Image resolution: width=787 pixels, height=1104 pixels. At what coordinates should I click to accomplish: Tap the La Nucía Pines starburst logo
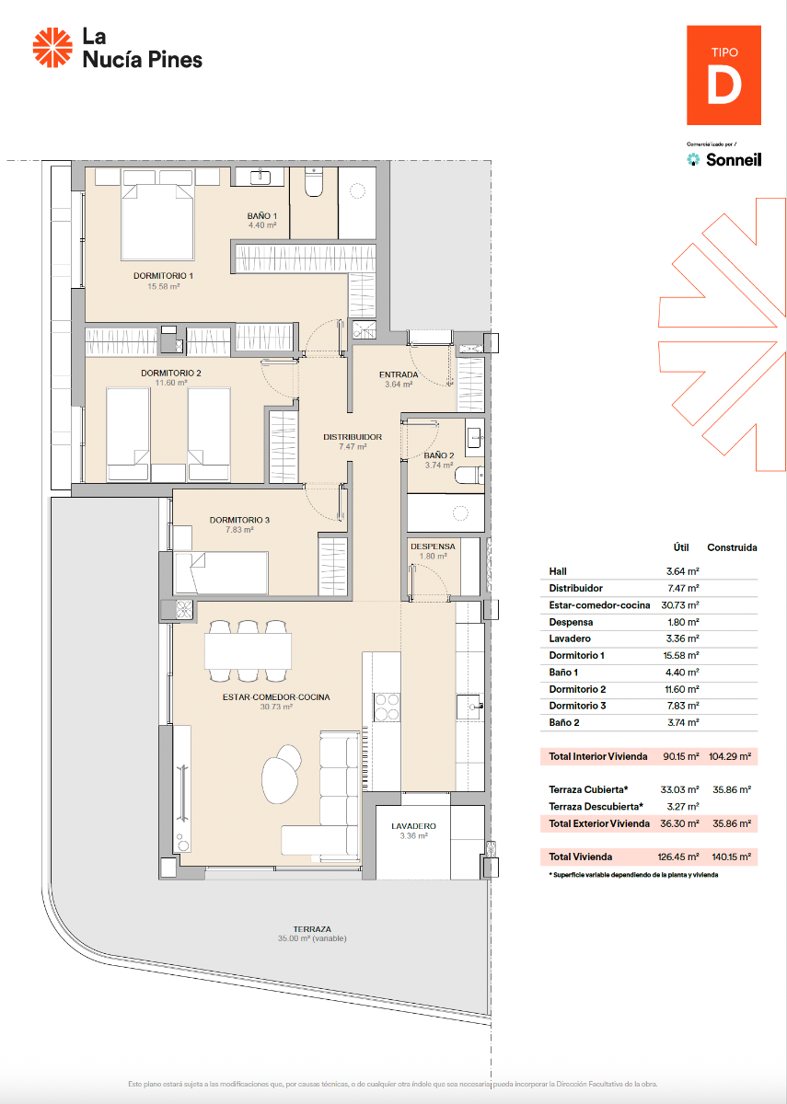point(52,48)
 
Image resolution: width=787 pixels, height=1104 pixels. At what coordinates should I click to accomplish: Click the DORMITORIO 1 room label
point(163,276)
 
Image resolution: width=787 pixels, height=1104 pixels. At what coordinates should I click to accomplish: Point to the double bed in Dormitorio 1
point(157,221)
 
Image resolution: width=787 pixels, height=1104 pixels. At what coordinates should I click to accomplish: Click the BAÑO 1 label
point(261,217)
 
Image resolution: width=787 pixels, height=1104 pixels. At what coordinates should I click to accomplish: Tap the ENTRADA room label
point(399,375)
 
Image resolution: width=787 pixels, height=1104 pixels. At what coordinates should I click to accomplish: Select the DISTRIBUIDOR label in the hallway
point(353,437)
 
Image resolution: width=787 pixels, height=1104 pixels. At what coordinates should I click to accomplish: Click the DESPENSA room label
point(433,546)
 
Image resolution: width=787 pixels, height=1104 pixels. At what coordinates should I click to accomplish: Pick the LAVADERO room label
point(412,826)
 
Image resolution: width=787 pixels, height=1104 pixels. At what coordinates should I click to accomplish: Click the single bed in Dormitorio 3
point(221,572)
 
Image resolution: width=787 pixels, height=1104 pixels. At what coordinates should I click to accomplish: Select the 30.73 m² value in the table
point(680,605)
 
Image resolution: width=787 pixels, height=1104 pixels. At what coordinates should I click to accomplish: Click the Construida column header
point(732,547)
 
